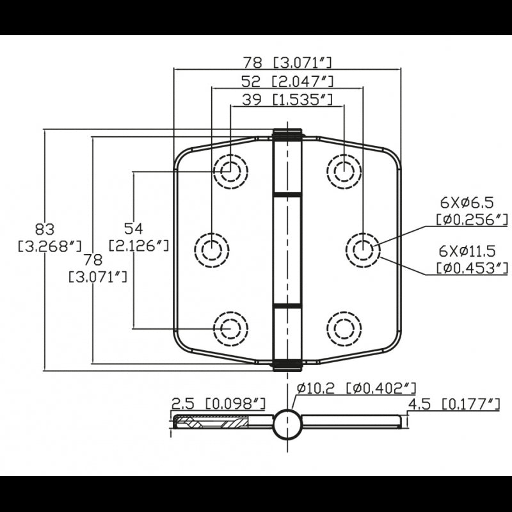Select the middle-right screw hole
tap(363, 247)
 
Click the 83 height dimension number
tap(45, 228)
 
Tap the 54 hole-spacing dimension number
tap(134, 228)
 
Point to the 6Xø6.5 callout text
tap(467, 203)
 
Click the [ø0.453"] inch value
tap(472, 268)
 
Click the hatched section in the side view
tap(211, 422)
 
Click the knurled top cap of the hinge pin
tap(287, 134)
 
